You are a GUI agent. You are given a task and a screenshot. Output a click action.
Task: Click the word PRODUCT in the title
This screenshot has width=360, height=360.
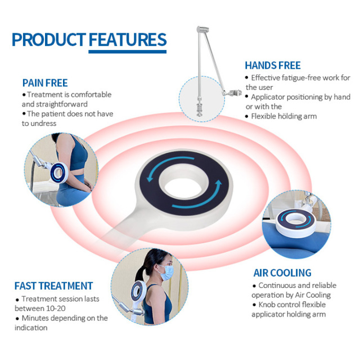(49, 39)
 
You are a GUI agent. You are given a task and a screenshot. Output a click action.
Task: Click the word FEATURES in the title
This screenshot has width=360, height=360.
(128, 39)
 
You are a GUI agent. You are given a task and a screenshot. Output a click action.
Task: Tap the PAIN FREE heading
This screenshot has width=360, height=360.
(45, 83)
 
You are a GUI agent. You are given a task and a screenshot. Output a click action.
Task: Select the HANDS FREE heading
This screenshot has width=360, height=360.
(273, 65)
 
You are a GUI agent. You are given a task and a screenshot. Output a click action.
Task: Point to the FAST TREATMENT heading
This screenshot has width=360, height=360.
(54, 286)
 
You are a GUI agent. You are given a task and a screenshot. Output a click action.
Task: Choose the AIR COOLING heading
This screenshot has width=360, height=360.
(282, 273)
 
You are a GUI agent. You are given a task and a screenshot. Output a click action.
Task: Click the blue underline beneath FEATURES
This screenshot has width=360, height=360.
(128, 52)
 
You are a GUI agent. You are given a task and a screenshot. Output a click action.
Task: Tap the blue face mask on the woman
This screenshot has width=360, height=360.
(166, 272)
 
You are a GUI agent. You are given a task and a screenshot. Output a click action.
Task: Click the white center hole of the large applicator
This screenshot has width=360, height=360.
(183, 188)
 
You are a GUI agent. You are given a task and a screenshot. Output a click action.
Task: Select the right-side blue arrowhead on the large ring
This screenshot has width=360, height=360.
(218, 184)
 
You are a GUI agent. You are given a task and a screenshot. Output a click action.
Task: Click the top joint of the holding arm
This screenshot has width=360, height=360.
(202, 29)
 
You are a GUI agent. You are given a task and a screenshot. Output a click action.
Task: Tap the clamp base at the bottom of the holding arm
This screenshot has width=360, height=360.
(199, 110)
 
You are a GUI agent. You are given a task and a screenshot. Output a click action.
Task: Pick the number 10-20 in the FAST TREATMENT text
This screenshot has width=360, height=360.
(56, 308)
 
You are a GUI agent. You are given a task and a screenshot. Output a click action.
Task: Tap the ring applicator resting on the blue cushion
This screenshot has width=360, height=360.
(296, 223)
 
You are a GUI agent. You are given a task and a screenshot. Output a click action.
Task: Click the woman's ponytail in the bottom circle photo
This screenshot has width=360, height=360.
(140, 273)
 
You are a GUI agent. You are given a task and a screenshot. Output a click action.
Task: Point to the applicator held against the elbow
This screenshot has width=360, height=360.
(58, 173)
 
